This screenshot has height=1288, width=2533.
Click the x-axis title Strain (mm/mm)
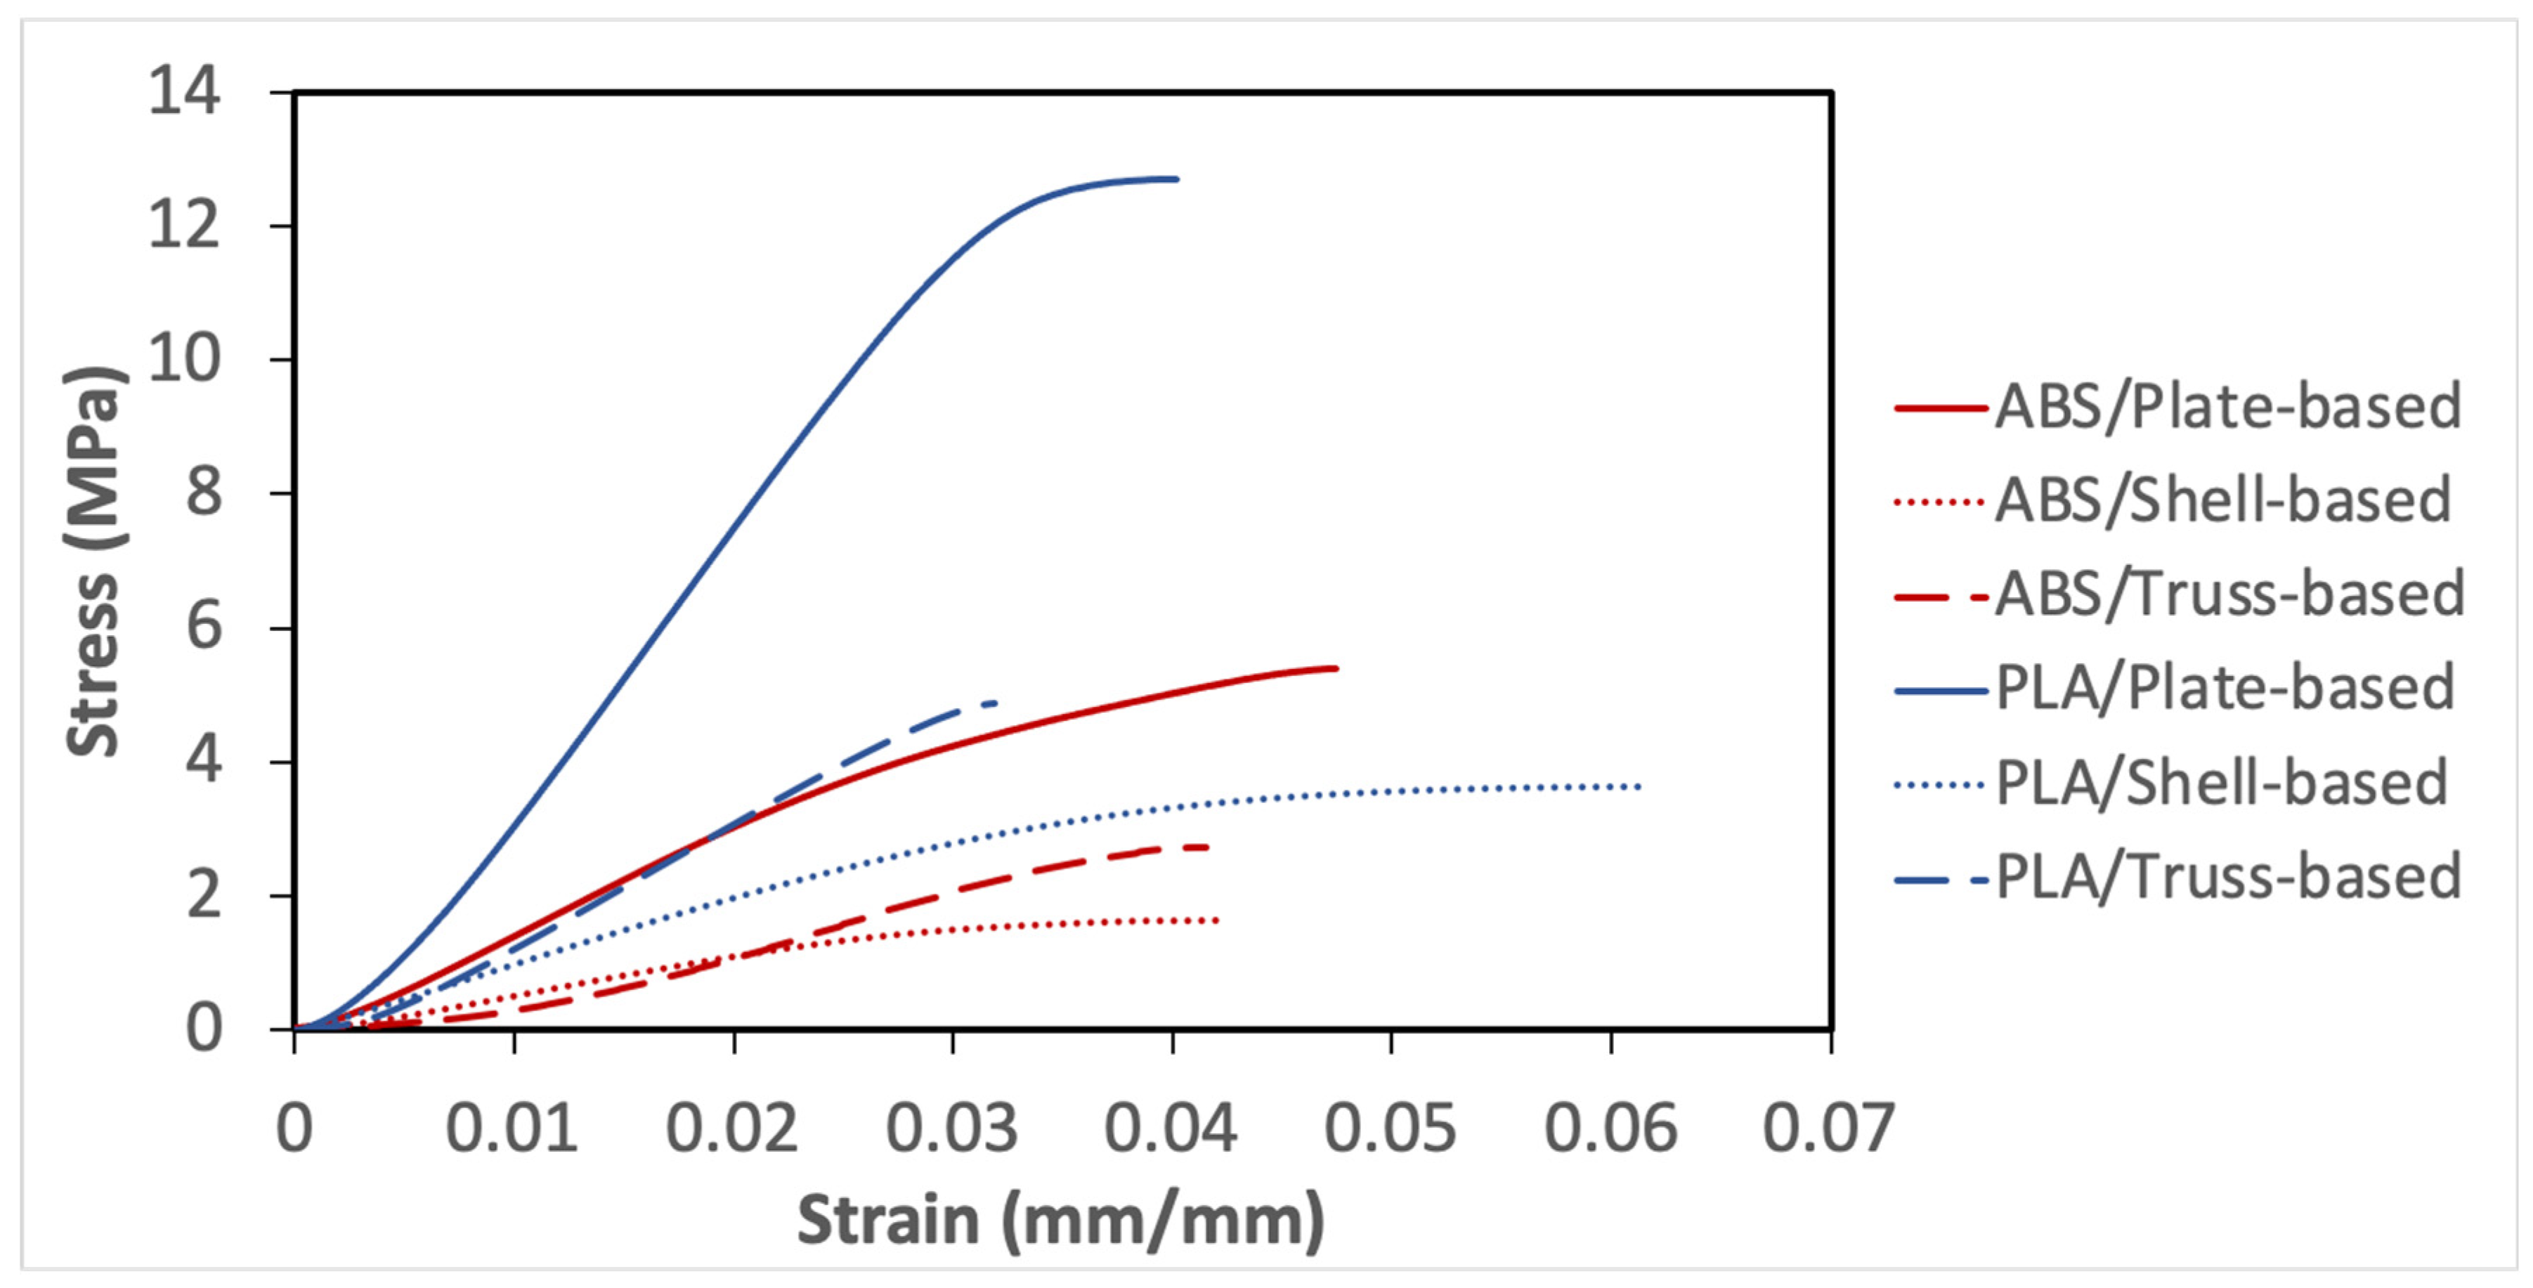click(x=1060, y=1220)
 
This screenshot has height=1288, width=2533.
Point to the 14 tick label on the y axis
click(x=184, y=93)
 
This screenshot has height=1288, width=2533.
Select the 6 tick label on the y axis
click(x=204, y=626)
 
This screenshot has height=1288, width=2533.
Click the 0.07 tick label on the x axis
click(x=1828, y=1128)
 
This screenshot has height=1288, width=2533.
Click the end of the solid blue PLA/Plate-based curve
click(x=1176, y=179)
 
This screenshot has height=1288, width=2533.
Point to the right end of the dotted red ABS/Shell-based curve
click(x=1218, y=921)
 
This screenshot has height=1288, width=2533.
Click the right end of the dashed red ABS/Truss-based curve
click(x=1206, y=847)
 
